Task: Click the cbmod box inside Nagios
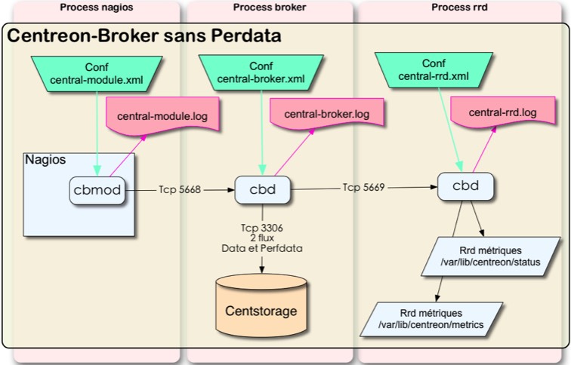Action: point(96,191)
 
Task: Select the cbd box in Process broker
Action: point(261,190)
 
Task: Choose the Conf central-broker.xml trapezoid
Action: point(261,72)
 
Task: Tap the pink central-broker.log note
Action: point(326,115)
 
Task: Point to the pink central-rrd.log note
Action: point(502,113)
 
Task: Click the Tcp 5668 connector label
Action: point(180,190)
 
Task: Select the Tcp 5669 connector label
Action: point(365,186)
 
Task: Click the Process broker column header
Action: point(270,7)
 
